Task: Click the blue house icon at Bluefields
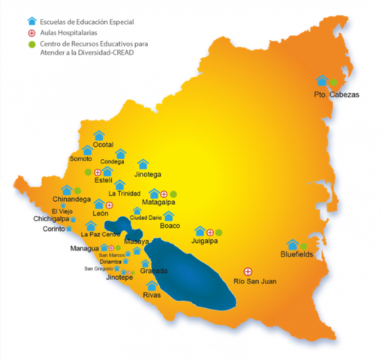coord(293,244)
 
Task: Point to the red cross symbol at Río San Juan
coord(248,270)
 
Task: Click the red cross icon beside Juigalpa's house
coord(210,232)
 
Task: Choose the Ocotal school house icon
coord(98,135)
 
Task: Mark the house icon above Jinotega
coord(143,163)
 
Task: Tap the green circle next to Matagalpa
coord(173,194)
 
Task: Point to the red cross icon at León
coord(110,205)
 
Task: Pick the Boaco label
coord(172,225)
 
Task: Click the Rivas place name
coord(152,295)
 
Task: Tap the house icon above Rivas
coord(152,286)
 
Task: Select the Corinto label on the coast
coord(55,229)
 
